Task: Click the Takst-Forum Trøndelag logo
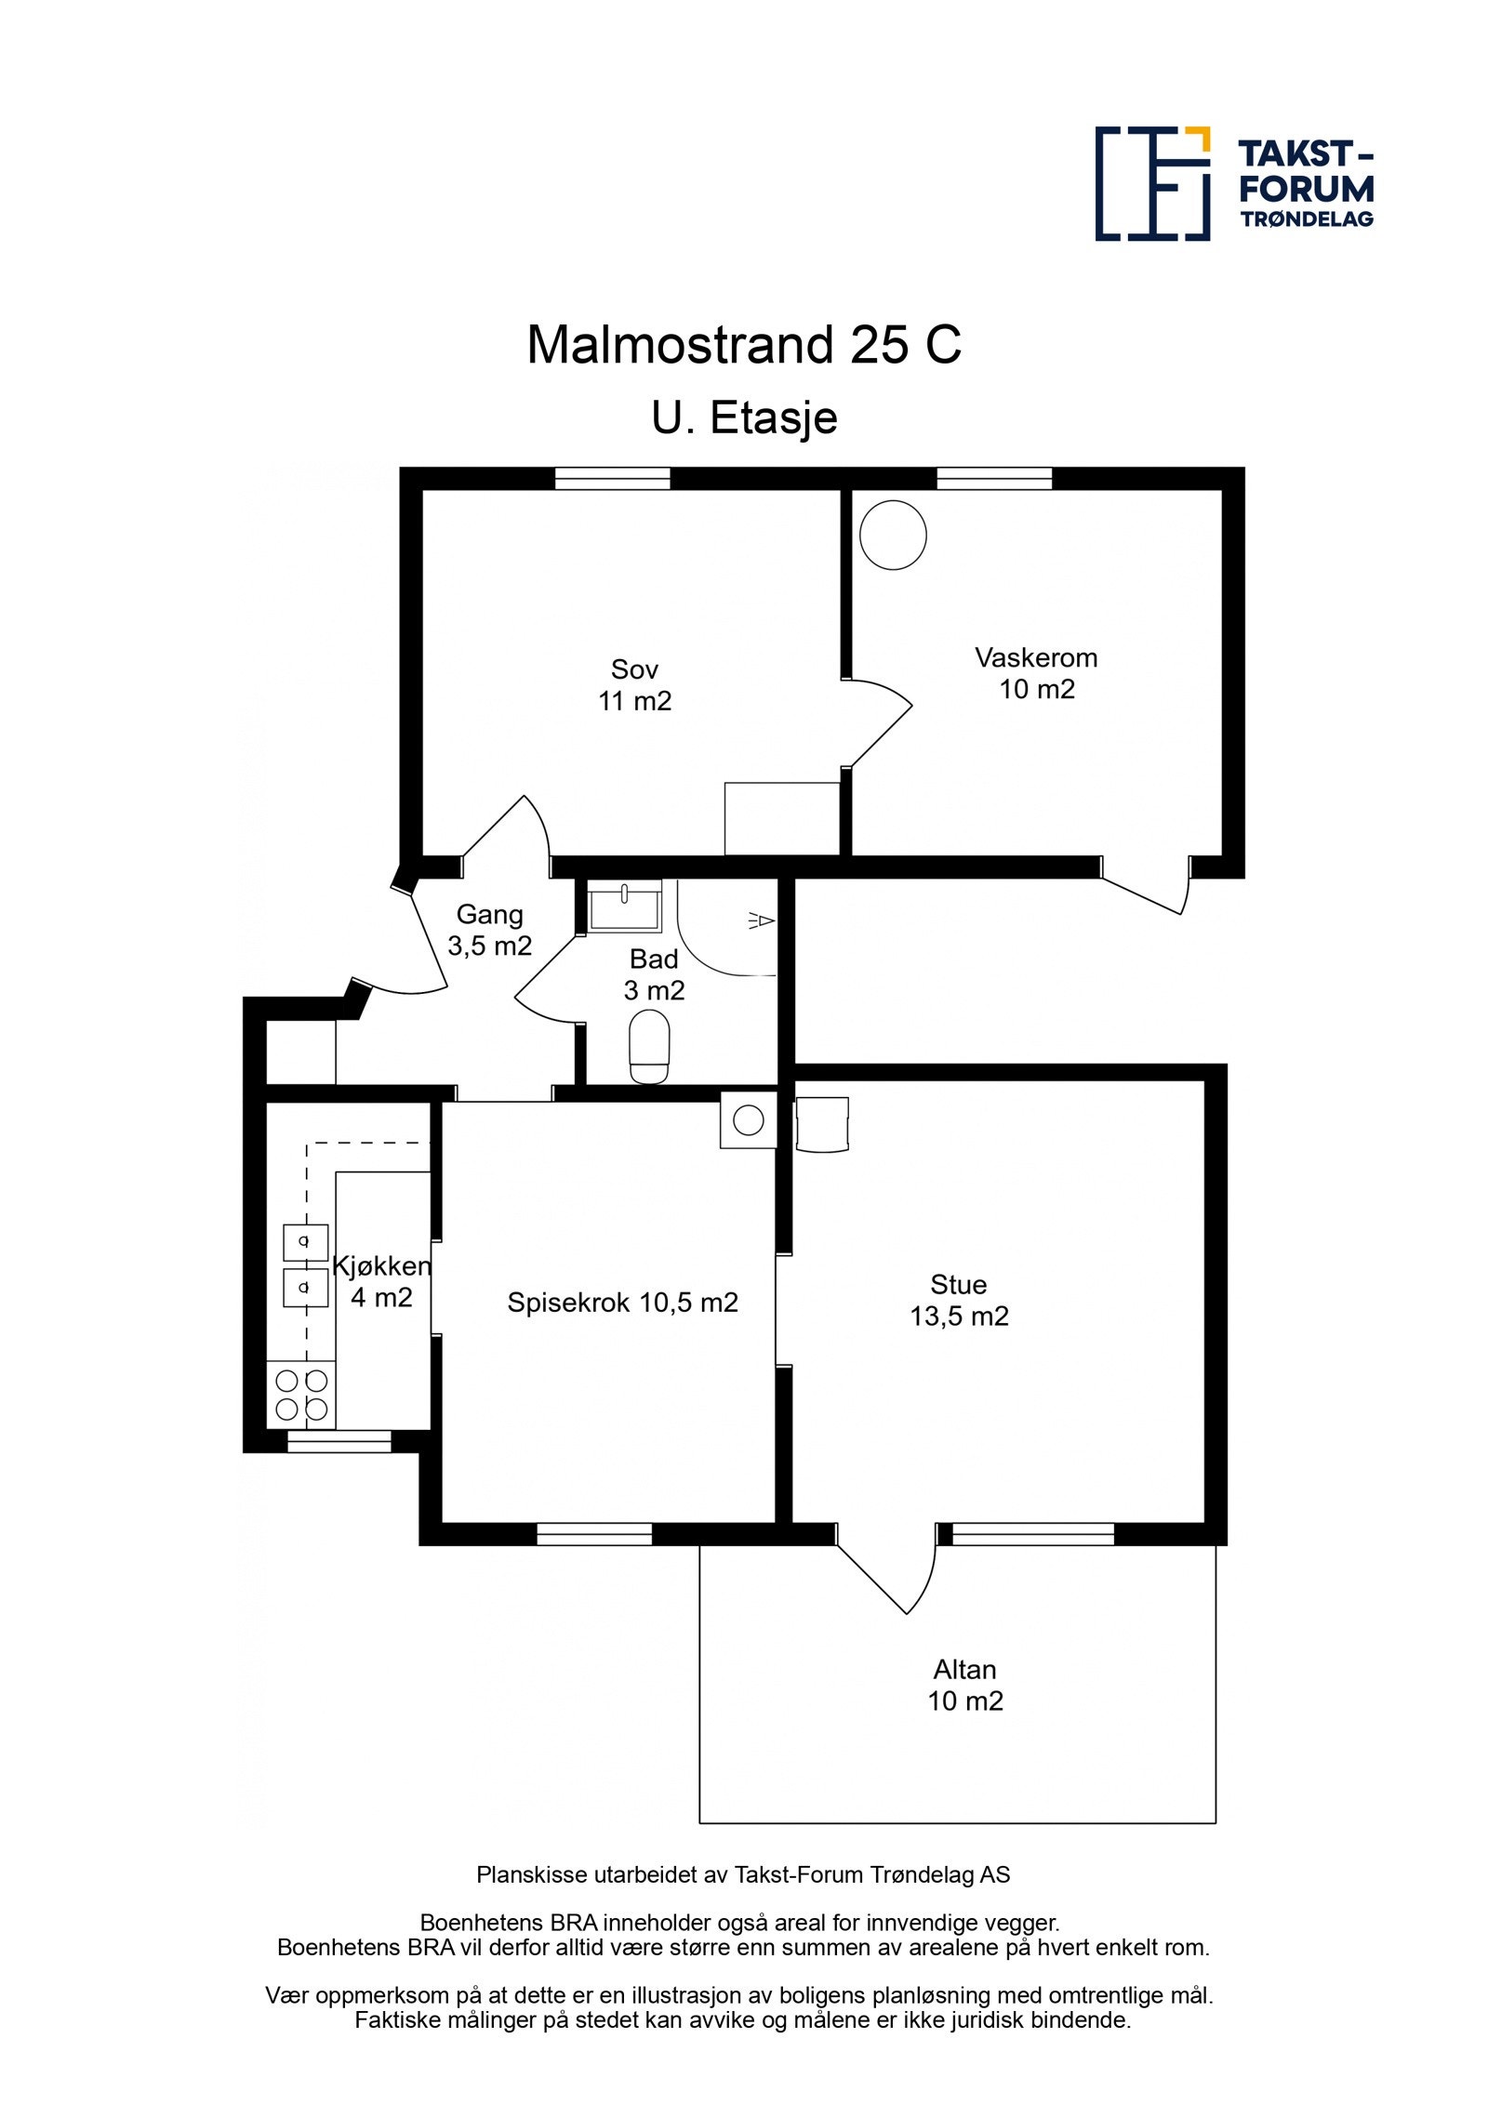(x=1234, y=183)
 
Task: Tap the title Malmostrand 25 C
(x=744, y=345)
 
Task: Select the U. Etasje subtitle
(x=744, y=418)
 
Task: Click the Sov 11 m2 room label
(x=634, y=684)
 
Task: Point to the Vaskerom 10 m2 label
(x=1036, y=673)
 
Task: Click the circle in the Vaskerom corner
(x=893, y=535)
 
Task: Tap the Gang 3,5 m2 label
(x=489, y=930)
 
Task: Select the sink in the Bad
(x=625, y=905)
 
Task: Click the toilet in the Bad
(x=649, y=1047)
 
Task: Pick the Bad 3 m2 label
(x=654, y=974)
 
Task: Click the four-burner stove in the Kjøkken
(x=301, y=1396)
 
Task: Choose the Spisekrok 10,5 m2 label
(x=622, y=1302)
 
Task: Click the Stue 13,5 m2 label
(x=959, y=1300)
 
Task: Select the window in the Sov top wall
(x=612, y=478)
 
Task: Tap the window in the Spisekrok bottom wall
(x=594, y=1534)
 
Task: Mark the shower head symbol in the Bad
(x=761, y=920)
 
